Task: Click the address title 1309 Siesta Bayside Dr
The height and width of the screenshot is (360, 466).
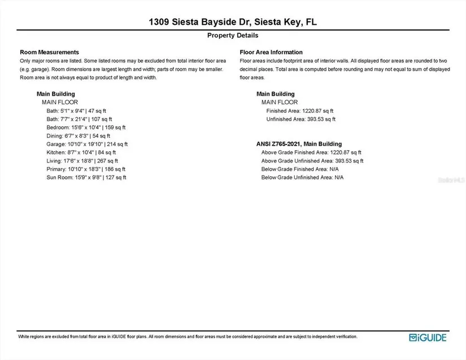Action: coord(233,22)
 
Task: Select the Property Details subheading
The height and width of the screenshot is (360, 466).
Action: coord(233,35)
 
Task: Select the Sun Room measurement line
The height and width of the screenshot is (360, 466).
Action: coord(86,177)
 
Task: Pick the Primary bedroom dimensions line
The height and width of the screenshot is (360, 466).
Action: coord(86,169)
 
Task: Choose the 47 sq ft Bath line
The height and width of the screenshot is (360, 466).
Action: coord(76,111)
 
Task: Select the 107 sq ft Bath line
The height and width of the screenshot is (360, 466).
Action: coord(79,119)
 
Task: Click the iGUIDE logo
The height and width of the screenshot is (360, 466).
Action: coord(428,337)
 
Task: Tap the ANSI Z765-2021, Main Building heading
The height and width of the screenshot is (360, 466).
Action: coord(299,144)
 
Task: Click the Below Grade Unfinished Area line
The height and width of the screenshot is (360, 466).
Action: coord(302,177)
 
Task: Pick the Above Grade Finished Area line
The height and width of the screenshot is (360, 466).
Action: coord(311,152)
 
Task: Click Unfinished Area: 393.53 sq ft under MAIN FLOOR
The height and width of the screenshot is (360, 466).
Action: coord(300,119)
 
